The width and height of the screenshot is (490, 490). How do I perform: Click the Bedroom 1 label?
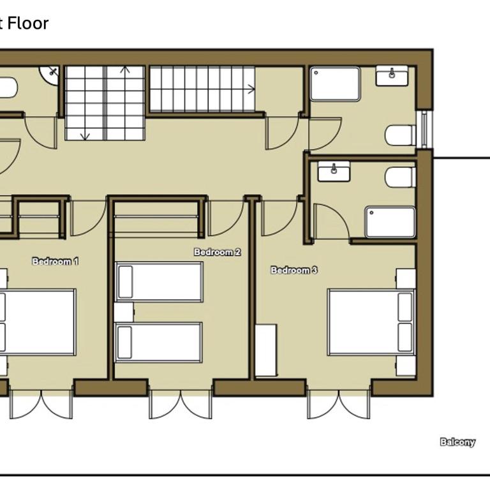56,261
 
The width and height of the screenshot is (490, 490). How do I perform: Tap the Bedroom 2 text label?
217,252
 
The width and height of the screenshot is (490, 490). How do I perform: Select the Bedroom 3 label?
294,270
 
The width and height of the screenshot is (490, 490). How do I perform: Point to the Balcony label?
457,442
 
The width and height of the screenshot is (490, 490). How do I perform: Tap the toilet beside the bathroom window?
401,135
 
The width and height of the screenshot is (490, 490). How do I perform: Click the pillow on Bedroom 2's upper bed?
126,282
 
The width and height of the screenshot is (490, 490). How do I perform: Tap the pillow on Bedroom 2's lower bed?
124,343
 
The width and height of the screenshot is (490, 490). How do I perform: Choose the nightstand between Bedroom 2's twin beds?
124,312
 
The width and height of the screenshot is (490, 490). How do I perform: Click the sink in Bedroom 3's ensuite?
334,171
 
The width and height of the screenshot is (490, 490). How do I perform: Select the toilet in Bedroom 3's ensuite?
401,177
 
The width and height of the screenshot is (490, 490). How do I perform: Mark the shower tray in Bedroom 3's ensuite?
390,222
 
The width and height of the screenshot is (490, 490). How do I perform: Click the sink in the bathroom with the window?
392,76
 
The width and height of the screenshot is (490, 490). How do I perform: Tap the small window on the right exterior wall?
424,129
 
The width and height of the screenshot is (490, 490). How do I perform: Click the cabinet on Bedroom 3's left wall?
266,350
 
